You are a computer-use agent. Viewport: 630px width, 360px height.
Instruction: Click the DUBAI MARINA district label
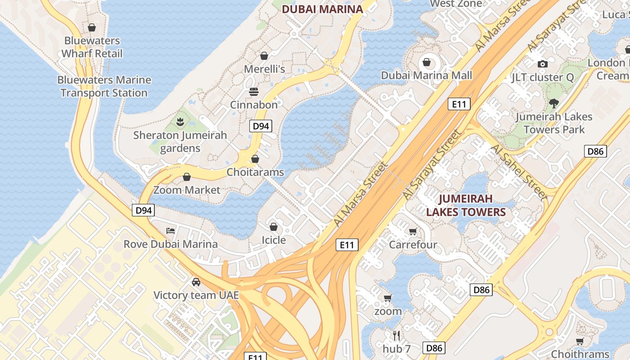[322, 9]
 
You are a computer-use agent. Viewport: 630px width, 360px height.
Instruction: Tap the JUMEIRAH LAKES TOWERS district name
[466, 205]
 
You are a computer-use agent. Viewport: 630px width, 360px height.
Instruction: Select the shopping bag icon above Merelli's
[264, 56]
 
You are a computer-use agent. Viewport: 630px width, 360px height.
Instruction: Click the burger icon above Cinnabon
[254, 92]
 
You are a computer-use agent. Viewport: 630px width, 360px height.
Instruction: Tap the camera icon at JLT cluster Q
[543, 64]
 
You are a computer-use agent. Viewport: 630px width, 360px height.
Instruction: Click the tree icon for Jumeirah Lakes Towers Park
[554, 103]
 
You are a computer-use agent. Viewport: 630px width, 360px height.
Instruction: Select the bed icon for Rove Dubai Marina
[171, 231]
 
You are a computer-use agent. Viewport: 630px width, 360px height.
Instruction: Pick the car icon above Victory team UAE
[196, 282]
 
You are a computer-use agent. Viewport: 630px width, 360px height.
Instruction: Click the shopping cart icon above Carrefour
[413, 231]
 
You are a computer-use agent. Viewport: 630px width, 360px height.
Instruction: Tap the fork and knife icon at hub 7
[396, 336]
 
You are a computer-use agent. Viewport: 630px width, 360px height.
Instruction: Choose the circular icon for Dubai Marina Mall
[427, 62]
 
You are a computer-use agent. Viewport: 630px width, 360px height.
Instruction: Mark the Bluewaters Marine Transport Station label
[104, 86]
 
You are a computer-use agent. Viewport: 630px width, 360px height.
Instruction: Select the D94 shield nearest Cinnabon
[261, 126]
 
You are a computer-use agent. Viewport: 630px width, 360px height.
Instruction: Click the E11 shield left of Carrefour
[347, 245]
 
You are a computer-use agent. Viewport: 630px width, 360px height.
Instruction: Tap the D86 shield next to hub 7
[434, 347]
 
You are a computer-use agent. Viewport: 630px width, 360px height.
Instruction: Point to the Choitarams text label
[255, 172]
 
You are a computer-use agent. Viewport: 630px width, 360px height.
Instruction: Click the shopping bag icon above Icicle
[274, 227]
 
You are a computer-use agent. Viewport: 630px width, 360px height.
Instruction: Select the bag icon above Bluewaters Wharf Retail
[92, 27]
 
